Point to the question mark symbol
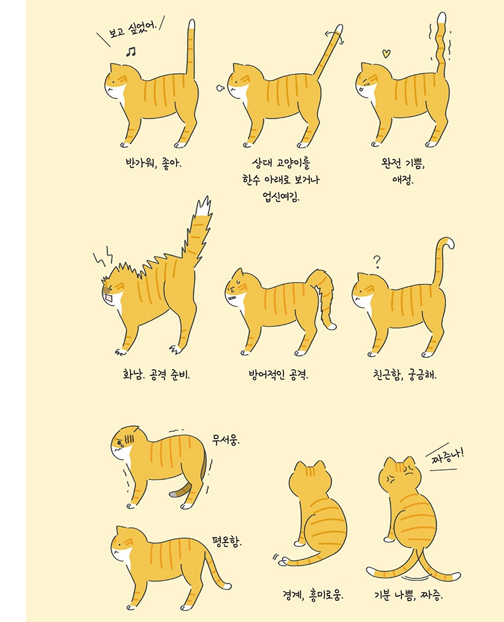[x=377, y=261]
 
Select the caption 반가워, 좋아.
[x=153, y=163]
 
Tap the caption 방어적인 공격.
[x=280, y=373]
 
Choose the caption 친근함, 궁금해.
[x=404, y=373]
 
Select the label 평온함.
[x=227, y=541]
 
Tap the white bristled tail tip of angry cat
[x=203, y=208]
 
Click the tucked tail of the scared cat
[x=181, y=490]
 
